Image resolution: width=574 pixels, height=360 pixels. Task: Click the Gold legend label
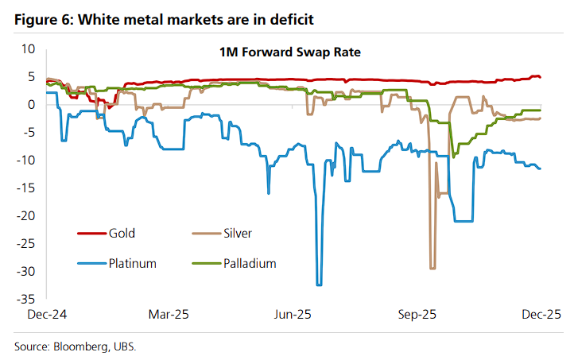[x=122, y=234]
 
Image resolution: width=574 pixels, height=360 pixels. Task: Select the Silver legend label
[x=238, y=234]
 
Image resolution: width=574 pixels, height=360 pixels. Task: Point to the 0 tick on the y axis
[x=33, y=105]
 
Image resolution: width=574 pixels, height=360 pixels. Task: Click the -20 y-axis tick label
[x=27, y=216]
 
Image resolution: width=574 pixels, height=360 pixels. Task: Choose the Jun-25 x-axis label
[x=293, y=315]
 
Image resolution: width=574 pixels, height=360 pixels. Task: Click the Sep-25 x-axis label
[x=418, y=315]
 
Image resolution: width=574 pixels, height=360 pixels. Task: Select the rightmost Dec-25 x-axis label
[x=542, y=315]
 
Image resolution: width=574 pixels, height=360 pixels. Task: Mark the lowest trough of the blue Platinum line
[x=320, y=285]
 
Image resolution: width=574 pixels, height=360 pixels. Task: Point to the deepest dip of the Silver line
[x=432, y=268]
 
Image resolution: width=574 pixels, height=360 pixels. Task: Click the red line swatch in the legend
[x=91, y=234]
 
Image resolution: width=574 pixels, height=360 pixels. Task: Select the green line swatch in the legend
[x=208, y=263]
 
